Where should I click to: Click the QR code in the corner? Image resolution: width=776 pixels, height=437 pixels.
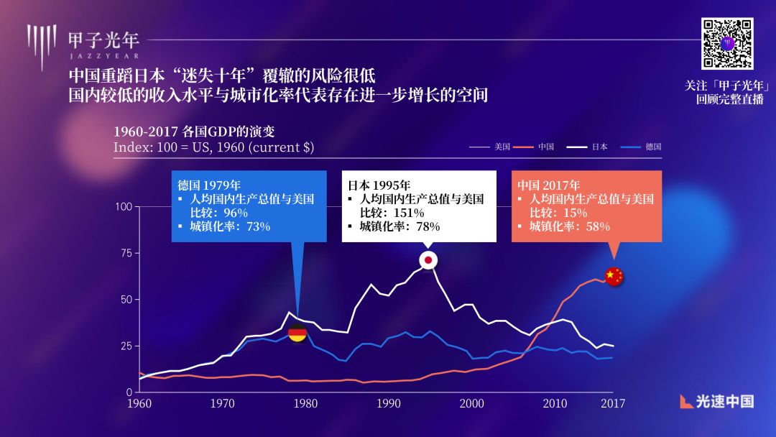pos(727,43)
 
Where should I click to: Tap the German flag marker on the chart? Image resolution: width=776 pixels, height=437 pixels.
pos(297,333)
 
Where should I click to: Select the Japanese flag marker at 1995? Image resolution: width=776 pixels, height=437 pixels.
pos(428,260)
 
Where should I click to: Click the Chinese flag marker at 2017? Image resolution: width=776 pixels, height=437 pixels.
pos(614,276)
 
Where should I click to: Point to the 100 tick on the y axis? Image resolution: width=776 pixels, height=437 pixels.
pos(124,207)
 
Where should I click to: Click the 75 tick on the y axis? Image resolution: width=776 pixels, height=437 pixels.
pos(126,253)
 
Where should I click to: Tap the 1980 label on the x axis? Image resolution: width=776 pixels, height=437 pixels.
pos(305,403)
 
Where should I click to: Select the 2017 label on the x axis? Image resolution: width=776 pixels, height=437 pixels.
pos(613,403)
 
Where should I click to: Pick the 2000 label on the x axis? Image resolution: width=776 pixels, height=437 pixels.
pos(472,403)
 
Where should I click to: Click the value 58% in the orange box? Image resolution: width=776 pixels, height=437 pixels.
pos(596,226)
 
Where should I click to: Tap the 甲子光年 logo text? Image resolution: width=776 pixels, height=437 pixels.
pos(103,38)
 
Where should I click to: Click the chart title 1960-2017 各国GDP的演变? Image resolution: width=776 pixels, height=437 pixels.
pos(194,132)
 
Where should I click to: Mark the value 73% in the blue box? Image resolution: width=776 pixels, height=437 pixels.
pos(257,226)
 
